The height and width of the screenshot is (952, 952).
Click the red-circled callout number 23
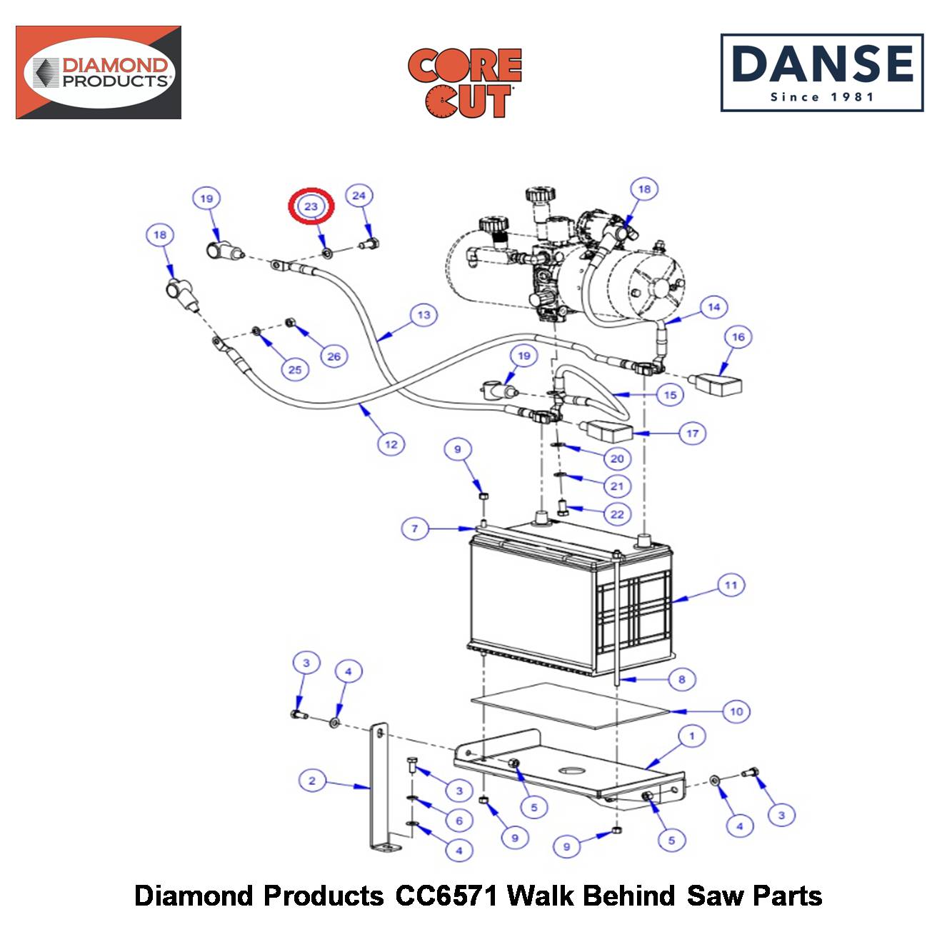tap(311, 206)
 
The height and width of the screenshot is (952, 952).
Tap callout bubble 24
tap(359, 196)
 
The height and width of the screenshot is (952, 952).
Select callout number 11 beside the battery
tap(731, 586)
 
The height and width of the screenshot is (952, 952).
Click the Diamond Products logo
tap(99, 73)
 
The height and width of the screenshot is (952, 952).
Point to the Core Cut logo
tap(464, 83)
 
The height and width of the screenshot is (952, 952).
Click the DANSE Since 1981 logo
tap(821, 73)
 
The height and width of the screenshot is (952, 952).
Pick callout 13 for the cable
tap(424, 315)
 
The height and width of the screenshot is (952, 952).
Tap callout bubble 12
tap(391, 444)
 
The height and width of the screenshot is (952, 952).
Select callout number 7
tap(415, 528)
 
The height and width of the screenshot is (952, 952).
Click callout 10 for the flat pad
tap(736, 711)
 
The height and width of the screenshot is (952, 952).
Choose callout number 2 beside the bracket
tap(312, 781)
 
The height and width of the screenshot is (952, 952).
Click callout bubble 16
tap(738, 337)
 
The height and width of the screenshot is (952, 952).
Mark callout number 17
tap(692, 434)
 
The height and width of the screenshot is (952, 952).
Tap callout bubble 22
tap(617, 514)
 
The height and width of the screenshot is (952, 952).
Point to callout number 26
tap(334, 356)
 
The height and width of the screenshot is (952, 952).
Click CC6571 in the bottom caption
tap(446, 896)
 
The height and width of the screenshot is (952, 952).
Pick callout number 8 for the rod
tap(682, 679)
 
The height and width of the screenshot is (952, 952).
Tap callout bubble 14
tap(714, 307)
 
